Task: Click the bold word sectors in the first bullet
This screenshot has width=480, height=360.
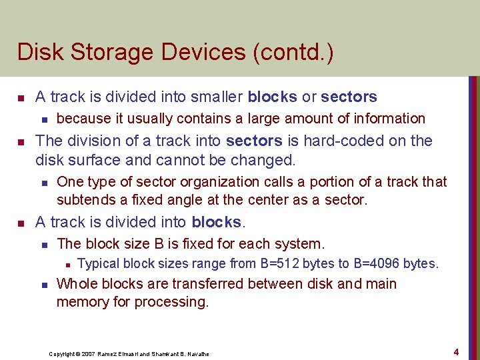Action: pos(349,97)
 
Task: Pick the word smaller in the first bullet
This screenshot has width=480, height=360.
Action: pos(218,97)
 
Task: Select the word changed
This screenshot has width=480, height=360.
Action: pos(262,160)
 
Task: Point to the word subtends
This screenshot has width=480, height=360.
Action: pos(83,200)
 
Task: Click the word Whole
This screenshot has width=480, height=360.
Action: pos(77,284)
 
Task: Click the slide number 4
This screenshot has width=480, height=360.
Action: pos(456,351)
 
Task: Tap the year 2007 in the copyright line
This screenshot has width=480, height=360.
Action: pos(88,354)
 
